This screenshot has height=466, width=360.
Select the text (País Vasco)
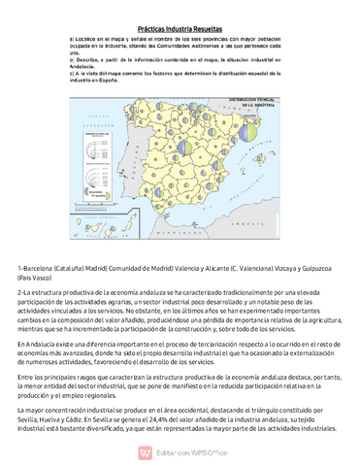click(x=40, y=277)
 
